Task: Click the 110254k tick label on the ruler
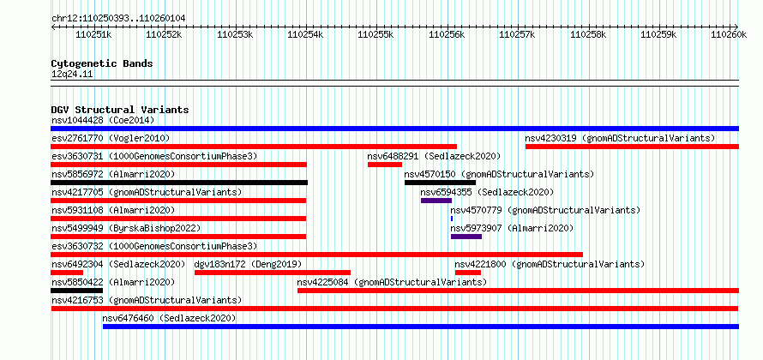[305, 34]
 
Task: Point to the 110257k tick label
[517, 34]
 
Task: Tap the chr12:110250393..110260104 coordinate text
[118, 19]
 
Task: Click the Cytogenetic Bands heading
[102, 63]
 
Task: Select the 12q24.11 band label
[72, 74]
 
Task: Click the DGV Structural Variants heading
[120, 110]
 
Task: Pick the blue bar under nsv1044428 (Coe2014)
[394, 129]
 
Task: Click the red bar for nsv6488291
[385, 165]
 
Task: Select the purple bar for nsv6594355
[436, 201]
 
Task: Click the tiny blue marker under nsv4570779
[452, 219]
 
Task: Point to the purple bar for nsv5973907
[466, 237]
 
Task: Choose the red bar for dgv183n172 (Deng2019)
[273, 273]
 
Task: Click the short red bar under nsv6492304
[67, 273]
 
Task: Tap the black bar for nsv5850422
[76, 291]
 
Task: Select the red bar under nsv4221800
[467, 273]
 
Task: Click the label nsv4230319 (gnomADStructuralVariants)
[620, 138]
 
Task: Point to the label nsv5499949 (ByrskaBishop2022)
[126, 228]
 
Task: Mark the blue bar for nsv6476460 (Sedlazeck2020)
[421, 327]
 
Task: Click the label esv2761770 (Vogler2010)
[111, 138]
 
